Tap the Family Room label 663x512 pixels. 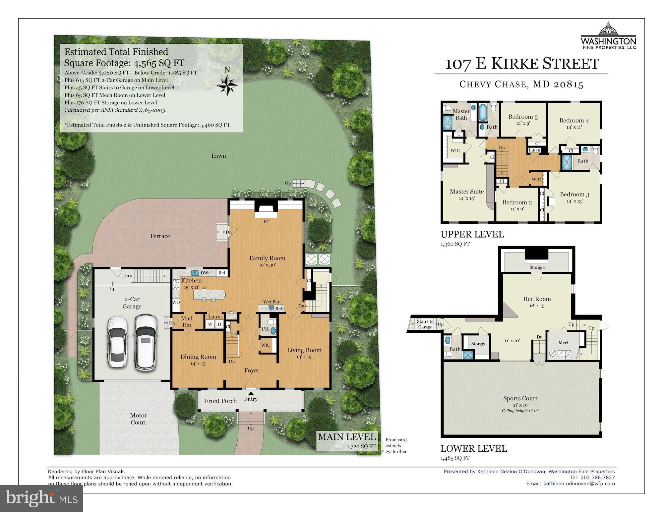pos(267,258)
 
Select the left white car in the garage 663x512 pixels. pos(117,341)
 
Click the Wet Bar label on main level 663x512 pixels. pos(271,302)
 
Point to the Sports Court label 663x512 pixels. pos(520,398)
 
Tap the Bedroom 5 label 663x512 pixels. pos(523,117)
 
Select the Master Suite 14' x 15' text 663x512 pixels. pos(466,195)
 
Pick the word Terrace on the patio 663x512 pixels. pos(159,236)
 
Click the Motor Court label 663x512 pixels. pos(138,419)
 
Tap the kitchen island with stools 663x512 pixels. pos(209,294)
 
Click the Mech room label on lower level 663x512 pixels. pos(564,343)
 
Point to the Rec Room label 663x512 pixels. pos(537,299)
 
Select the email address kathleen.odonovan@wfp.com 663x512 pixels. pos(579,484)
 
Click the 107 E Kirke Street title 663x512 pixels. pos(522,64)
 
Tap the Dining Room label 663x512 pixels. pos(198,357)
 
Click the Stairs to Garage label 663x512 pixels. pos(425,324)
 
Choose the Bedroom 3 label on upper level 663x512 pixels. pos(574,195)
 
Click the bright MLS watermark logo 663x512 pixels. pos(41,498)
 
